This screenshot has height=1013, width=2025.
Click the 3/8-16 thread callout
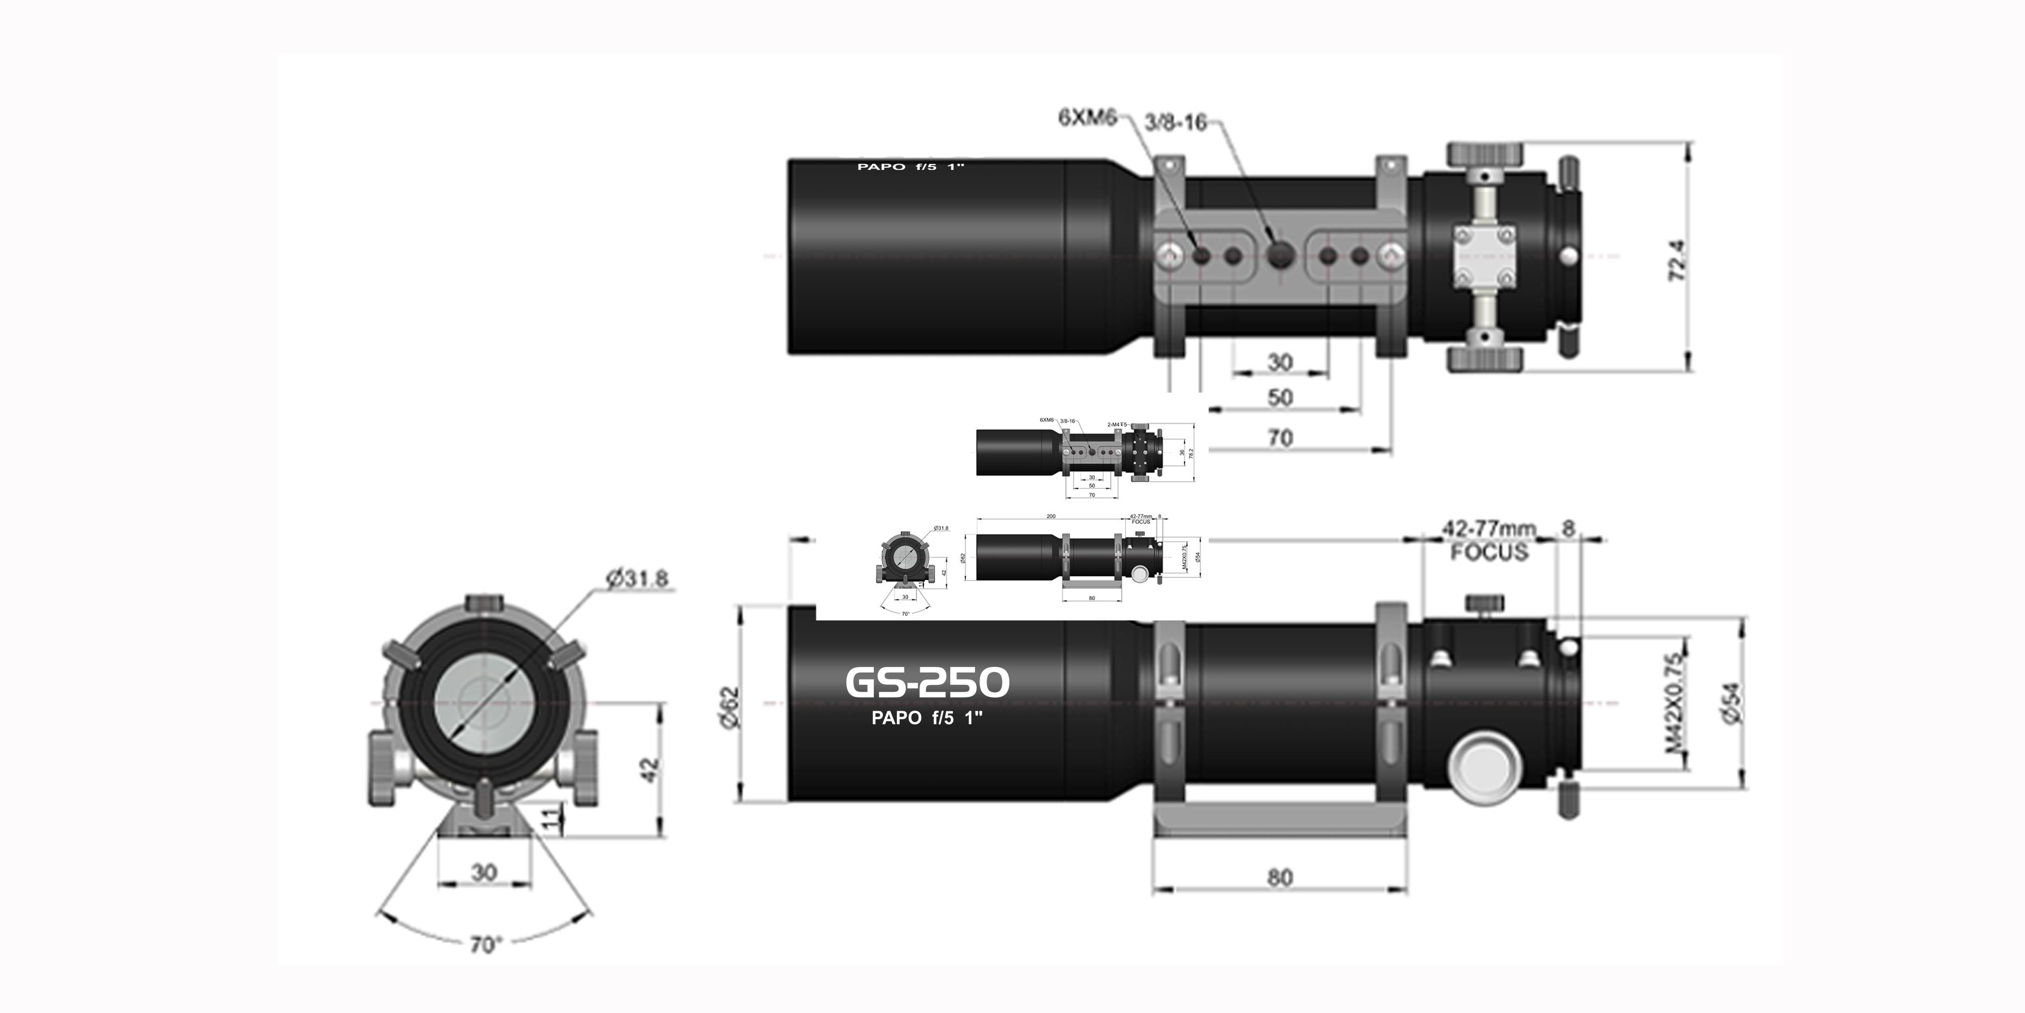[x=1174, y=123]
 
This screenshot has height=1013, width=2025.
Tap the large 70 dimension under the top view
[x=1280, y=438]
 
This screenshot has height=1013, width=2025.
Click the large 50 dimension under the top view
[x=1280, y=398]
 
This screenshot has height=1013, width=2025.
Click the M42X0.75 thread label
[x=1675, y=702]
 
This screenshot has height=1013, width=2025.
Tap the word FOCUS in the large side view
[x=1489, y=552]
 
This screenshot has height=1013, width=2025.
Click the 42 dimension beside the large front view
[x=649, y=769]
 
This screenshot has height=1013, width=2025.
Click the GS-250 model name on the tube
[x=927, y=683]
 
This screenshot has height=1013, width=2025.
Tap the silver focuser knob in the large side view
[x=1482, y=767]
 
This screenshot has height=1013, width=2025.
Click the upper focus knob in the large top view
[x=1484, y=154]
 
